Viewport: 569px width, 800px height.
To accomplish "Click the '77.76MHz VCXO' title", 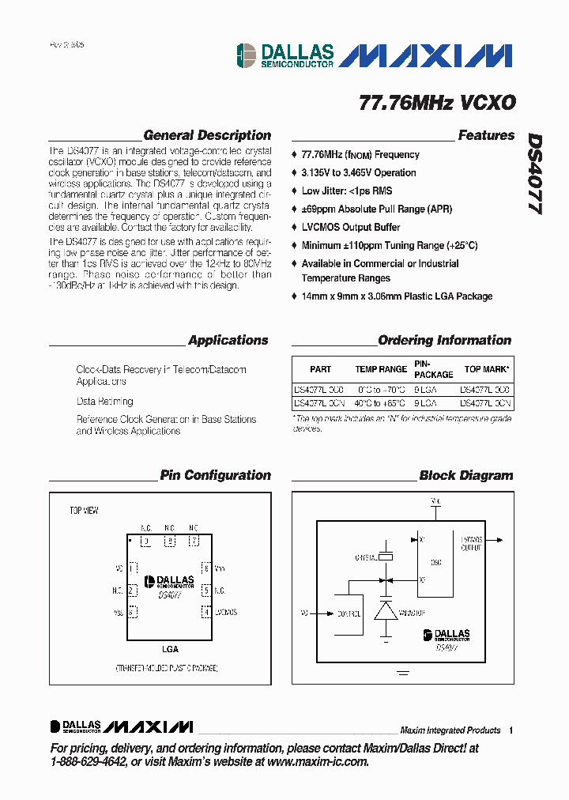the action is point(437,103).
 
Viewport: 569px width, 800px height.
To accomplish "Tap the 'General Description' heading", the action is point(207,135).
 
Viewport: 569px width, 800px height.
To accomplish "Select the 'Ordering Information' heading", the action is point(444,340).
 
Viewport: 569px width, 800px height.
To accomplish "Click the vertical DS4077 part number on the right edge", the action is point(535,173).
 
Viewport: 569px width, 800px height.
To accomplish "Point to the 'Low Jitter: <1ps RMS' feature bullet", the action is point(346,191).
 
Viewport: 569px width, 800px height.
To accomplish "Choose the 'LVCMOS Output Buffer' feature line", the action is point(350,227).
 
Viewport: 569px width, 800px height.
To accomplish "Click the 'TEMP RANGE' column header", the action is point(381,369).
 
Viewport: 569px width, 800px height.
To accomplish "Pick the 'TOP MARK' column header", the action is point(486,369).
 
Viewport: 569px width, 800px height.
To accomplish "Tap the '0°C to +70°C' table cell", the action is point(381,390).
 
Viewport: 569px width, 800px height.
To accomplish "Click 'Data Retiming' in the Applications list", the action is point(104,402).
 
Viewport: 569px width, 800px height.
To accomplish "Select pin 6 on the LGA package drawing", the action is point(205,568).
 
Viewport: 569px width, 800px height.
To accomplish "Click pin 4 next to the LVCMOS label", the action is point(205,612).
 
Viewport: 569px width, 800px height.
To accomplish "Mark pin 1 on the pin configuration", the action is point(133,568).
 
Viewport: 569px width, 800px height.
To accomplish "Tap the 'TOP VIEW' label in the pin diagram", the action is point(84,511).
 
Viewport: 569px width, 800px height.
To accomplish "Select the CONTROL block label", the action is point(349,613).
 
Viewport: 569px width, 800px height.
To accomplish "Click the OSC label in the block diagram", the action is point(436,563).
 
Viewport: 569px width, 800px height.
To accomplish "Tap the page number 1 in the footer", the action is point(511,730).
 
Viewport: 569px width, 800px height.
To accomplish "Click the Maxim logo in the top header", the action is point(430,55).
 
